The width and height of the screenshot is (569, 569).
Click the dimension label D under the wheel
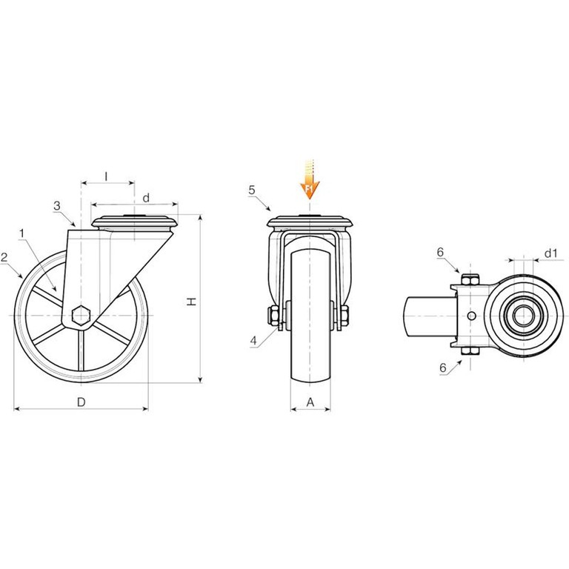81,402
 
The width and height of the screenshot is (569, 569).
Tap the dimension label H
191,302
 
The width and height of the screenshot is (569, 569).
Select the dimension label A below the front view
310,402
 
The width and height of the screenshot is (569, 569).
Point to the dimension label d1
551,253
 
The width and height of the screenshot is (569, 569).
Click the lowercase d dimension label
146,198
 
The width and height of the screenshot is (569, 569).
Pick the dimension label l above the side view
106,177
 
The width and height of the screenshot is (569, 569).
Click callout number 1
21,233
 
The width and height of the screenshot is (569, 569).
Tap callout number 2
4,258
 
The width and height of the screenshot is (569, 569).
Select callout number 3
57,206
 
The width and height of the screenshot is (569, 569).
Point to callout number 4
253,341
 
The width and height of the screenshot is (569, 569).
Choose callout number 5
252,190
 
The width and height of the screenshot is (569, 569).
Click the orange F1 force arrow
309,179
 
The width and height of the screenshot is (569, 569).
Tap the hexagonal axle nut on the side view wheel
81,315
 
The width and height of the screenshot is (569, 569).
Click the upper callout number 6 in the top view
440,252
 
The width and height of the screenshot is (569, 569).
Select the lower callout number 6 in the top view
443,367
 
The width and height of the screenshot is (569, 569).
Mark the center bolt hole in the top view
524,316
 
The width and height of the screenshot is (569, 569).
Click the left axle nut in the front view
273,315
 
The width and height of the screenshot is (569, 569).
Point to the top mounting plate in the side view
135,222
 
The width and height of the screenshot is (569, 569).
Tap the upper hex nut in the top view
470,280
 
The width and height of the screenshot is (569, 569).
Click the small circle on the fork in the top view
471,316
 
